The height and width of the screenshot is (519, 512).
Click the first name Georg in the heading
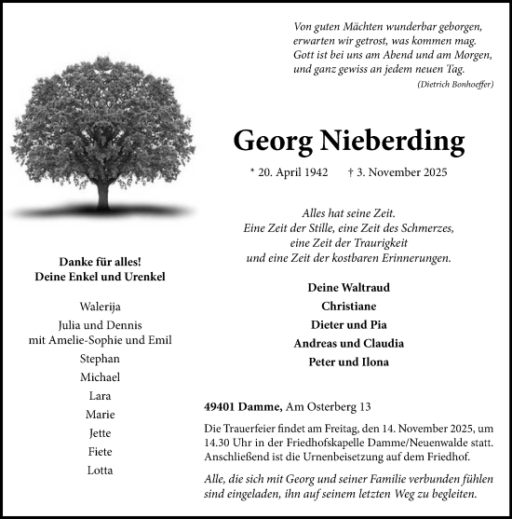pyautogui.click(x=273, y=141)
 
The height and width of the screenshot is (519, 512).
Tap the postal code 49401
pyautogui.click(x=221, y=407)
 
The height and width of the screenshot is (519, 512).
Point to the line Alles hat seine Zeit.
pyautogui.click(x=349, y=212)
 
